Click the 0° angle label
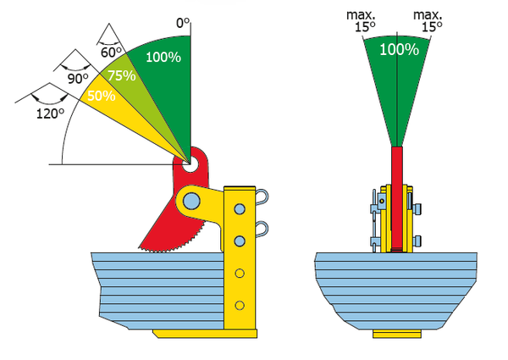coord(182,23)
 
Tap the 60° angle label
coord(111,52)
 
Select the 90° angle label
coord(78,78)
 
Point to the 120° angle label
coord(50,114)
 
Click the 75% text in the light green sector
coord(121,75)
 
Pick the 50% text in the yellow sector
coord(102,96)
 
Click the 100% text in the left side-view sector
coord(163,57)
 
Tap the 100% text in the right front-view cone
coord(399,50)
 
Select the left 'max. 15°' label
coord(362,21)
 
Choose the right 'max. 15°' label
coord(428,21)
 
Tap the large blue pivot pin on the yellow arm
coord(191,201)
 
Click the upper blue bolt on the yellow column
coord(240,208)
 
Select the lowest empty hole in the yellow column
coord(240,305)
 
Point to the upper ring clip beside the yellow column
coord(262,197)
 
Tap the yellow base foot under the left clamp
coord(205,334)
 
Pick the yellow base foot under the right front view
coord(397,334)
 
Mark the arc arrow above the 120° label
coord(49,99)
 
